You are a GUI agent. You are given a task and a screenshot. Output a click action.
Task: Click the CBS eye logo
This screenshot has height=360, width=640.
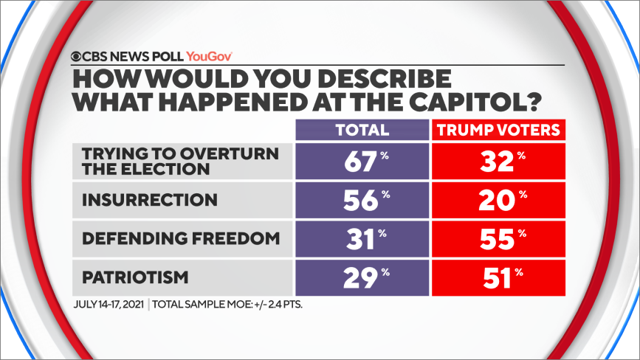(76, 55)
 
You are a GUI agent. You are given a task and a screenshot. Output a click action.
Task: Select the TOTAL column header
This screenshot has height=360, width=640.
(362, 131)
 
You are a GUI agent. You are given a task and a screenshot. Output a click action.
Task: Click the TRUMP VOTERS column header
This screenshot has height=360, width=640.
(499, 131)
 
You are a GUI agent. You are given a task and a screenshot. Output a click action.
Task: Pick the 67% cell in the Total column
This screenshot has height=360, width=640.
(362, 162)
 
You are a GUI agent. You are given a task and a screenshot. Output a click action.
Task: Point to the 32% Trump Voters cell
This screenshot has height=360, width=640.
(499, 162)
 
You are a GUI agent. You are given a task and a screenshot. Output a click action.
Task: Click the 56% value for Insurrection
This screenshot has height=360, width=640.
(362, 200)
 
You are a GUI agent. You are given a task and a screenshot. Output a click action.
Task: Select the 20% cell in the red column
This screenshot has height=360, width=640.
(499, 200)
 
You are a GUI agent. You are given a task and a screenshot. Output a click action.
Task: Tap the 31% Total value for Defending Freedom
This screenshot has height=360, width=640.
(362, 239)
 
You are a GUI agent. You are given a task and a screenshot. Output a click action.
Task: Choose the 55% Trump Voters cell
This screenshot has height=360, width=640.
(499, 239)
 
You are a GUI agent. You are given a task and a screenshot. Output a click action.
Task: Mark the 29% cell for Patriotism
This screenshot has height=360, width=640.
(362, 277)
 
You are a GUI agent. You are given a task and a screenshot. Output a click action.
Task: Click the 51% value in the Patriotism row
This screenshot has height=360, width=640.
(499, 277)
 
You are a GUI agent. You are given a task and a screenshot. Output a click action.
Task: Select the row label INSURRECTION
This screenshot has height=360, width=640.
(150, 200)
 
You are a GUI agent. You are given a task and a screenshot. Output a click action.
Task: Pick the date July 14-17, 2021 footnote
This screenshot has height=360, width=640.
(111, 304)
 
